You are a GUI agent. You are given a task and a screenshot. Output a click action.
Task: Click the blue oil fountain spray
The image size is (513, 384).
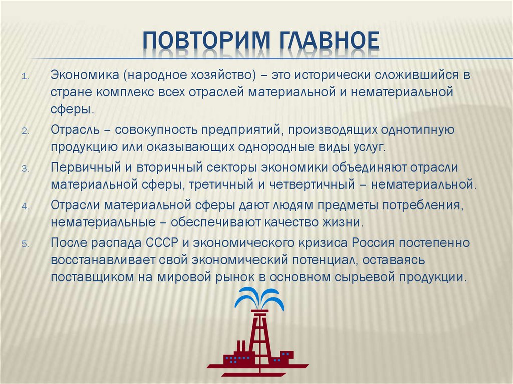pos(259,299)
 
